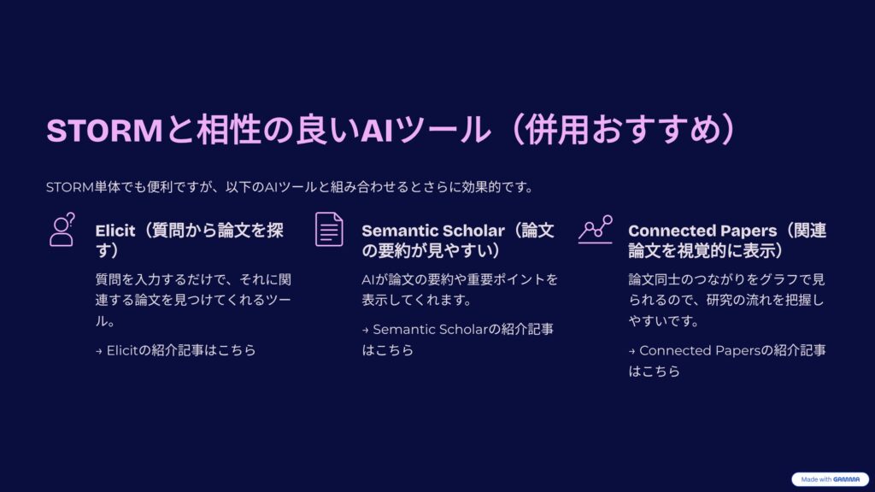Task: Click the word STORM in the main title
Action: point(104,130)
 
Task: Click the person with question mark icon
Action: point(62,229)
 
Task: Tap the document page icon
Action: point(329,229)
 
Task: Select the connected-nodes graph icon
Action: point(596,229)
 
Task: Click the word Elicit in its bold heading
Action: point(115,231)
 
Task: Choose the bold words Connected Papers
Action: point(702,231)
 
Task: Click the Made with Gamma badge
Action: point(830,479)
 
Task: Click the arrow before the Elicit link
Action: point(99,351)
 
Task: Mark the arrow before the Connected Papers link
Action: point(631,351)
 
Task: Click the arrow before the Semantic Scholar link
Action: point(365,331)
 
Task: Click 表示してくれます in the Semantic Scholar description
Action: point(414,300)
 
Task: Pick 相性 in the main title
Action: point(229,130)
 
